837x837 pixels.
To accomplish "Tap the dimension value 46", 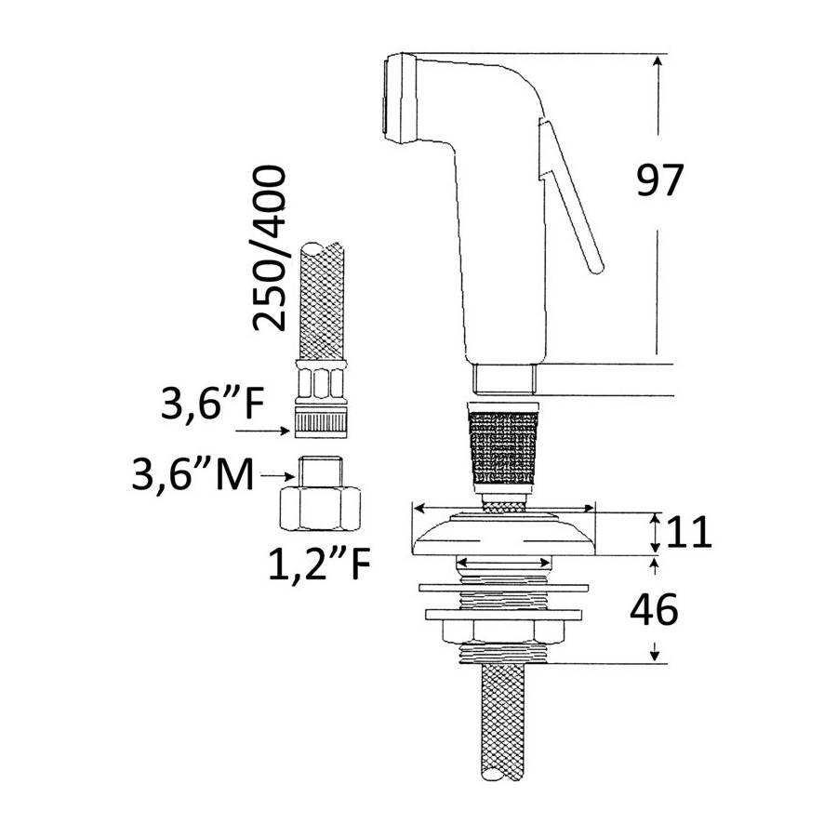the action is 654,609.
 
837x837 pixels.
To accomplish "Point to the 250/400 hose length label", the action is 270,248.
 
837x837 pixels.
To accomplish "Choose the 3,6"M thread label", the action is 193,474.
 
